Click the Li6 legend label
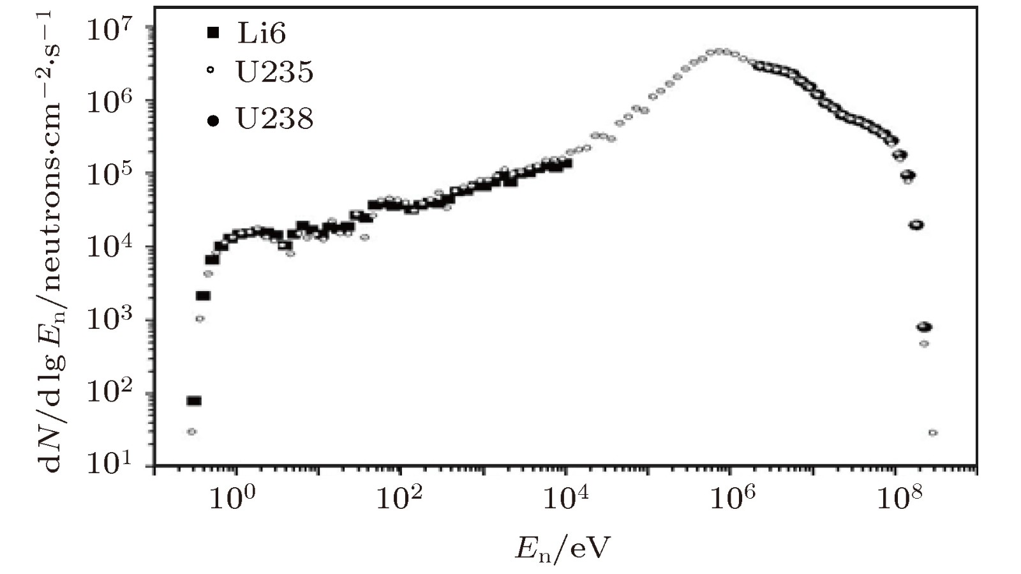pos(262,33)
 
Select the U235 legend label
pos(274,72)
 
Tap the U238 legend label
pos(274,119)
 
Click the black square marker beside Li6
pos(213,33)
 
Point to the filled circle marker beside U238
pos(213,119)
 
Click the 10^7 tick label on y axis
pos(108,29)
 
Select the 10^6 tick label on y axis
pos(108,102)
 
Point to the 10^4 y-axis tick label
pos(108,248)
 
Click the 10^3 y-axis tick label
pos(108,321)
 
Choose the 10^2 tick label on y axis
pos(108,393)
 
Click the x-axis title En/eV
pos(562,548)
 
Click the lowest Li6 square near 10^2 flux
pos(193,401)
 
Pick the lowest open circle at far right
pos(933,433)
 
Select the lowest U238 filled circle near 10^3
pos(924,328)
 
